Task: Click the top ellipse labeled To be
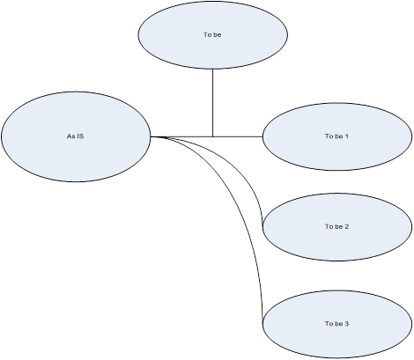212,35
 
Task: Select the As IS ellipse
76,136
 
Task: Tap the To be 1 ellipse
337,136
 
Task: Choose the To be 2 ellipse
337,227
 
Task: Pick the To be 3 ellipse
337,324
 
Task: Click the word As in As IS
70,136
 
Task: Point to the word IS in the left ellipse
80,136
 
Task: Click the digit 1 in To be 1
346,136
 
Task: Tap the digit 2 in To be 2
346,226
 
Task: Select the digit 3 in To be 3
346,324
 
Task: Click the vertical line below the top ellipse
212,103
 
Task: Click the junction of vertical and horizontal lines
212,136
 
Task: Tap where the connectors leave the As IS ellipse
151,136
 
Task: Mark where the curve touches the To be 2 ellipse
262,227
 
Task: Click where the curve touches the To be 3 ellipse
262,324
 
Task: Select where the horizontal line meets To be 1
262,136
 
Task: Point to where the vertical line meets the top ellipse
212,70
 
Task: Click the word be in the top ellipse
217,34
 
